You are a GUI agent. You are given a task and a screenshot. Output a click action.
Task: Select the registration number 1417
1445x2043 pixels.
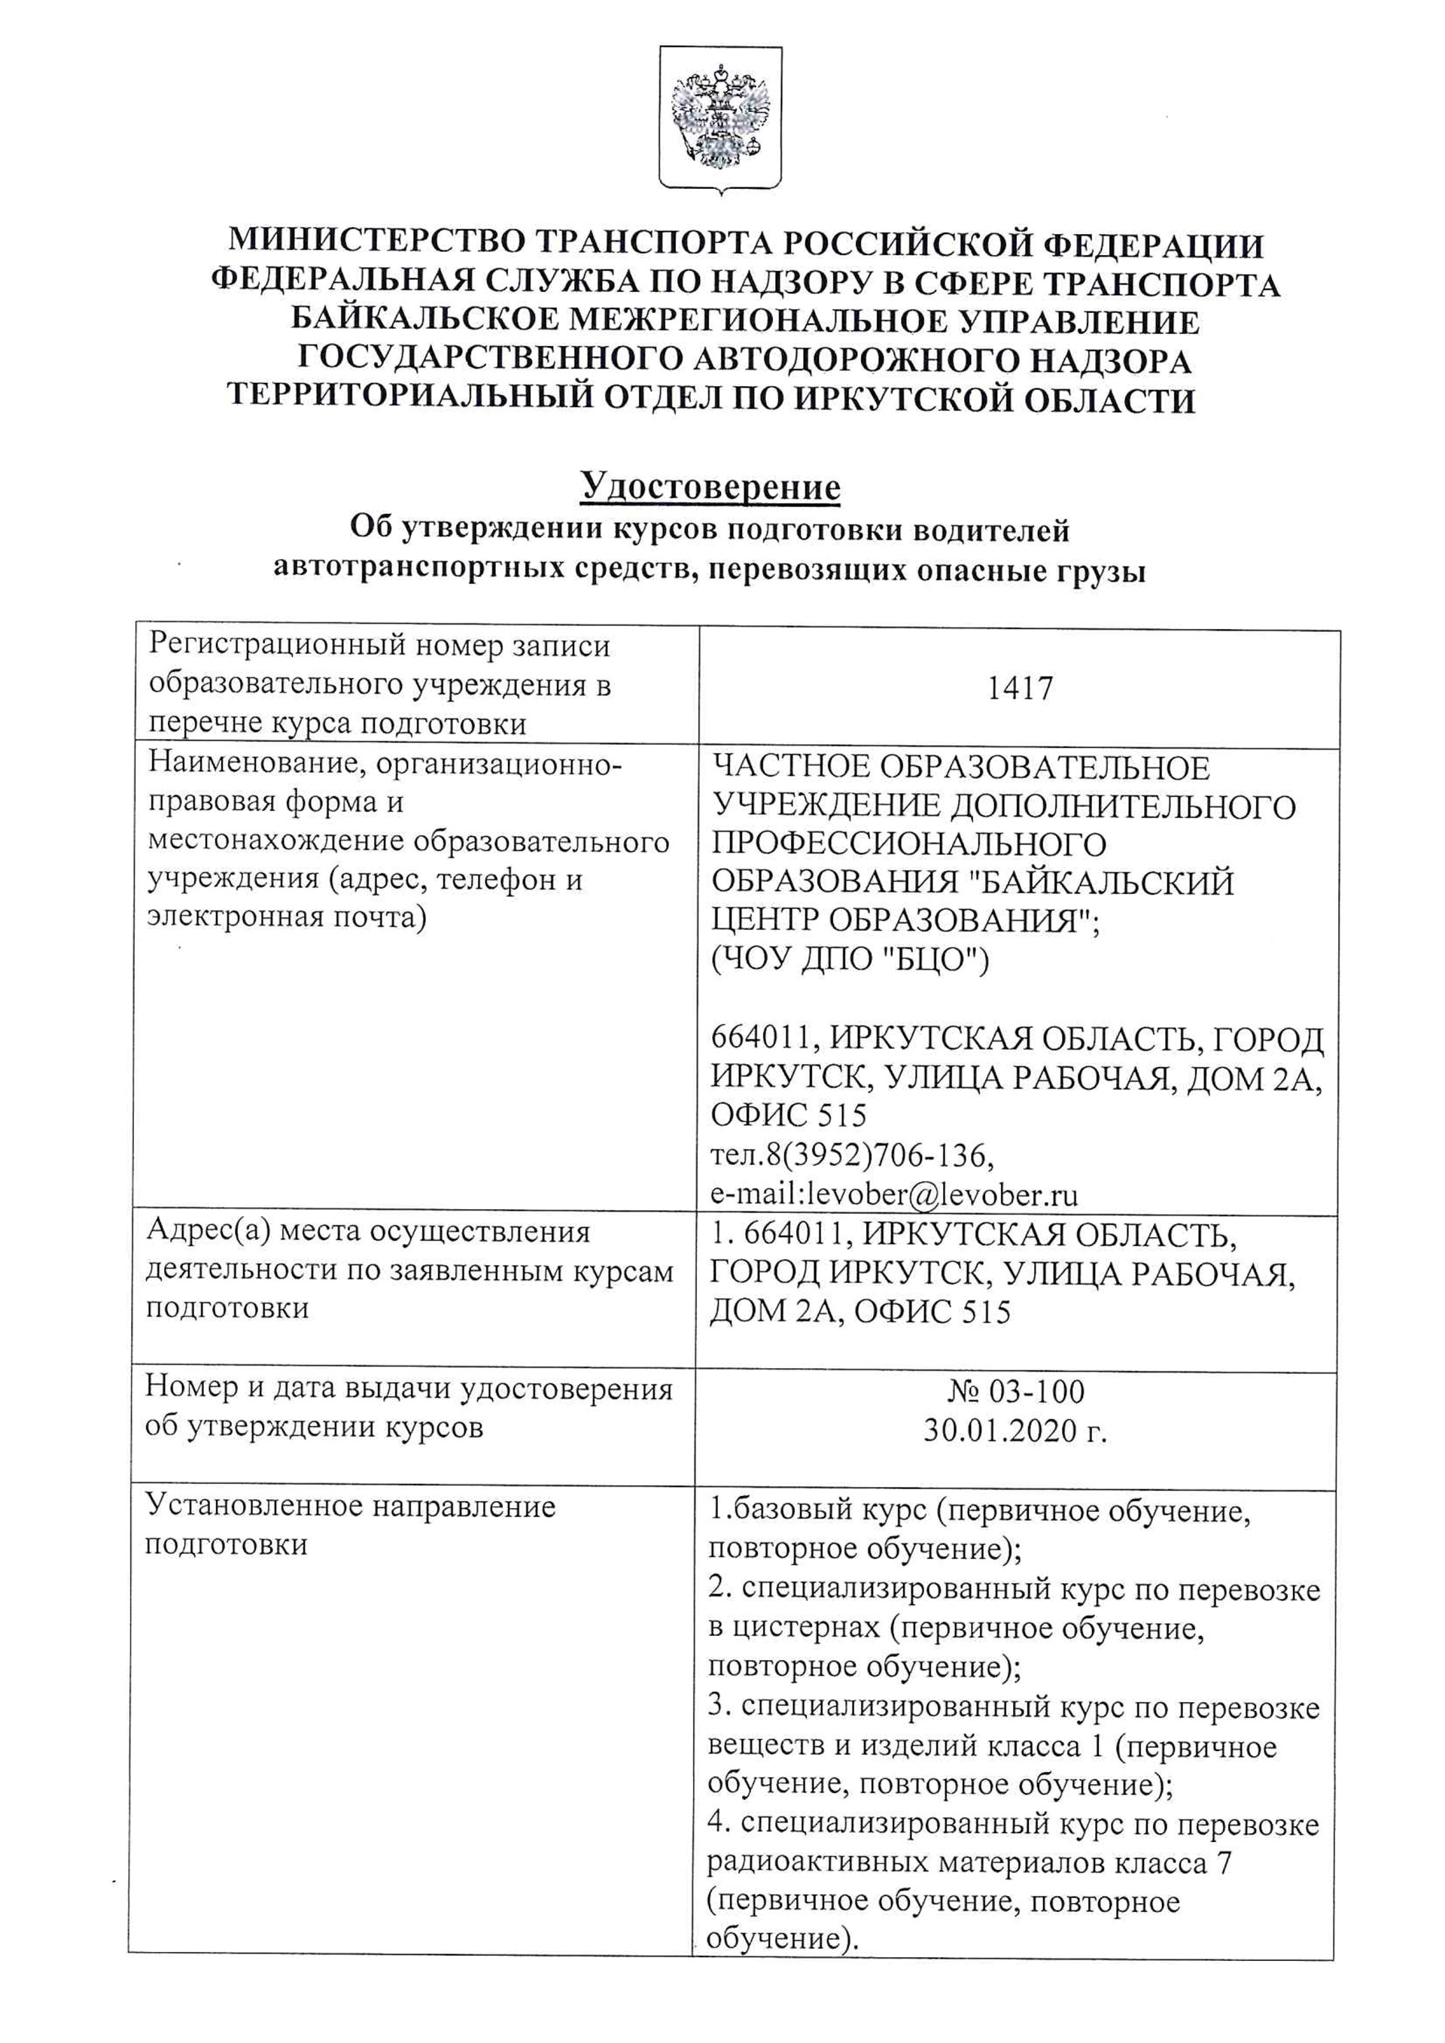coord(1020,688)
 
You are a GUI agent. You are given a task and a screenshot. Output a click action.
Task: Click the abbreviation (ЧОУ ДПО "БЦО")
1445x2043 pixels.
coord(850,960)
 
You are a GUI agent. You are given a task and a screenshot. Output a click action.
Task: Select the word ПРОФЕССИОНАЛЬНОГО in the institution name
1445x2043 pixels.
coord(908,844)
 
